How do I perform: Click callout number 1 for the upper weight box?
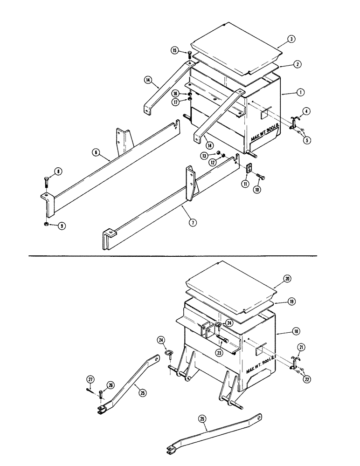(301, 92)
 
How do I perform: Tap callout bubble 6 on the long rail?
(95, 152)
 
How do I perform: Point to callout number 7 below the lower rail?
(192, 222)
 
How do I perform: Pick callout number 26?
(110, 385)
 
